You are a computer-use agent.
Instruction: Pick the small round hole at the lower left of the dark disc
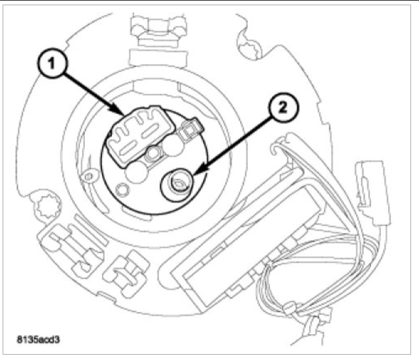click(x=120, y=190)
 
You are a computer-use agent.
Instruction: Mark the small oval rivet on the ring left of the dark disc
click(x=86, y=177)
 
